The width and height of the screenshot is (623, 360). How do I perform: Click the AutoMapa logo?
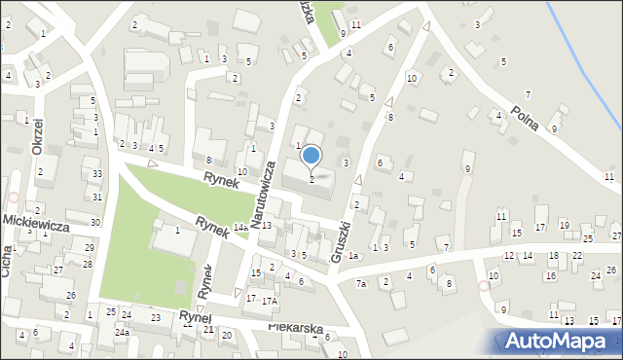(558, 341)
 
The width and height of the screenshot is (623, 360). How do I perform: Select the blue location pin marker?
(311, 156)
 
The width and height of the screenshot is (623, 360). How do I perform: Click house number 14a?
(239, 228)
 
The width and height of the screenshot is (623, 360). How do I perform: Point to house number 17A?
(269, 301)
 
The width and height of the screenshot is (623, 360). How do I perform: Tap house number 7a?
(360, 283)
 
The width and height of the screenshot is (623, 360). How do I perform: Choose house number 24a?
(121, 332)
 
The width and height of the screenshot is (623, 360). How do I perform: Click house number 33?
(96, 174)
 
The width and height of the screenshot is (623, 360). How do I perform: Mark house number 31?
(96, 197)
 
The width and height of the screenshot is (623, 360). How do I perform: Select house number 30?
(94, 222)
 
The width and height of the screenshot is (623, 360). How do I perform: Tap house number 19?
(565, 226)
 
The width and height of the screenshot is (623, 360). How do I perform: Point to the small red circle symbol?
(484, 286)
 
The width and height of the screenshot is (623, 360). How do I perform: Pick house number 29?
(89, 248)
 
